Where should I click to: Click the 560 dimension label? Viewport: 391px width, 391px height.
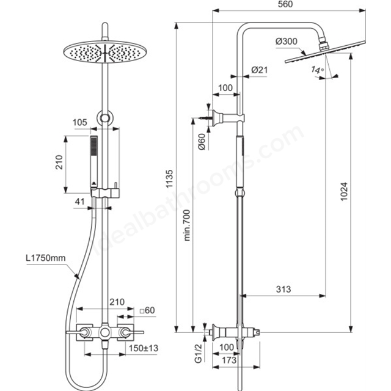tap(285, 4)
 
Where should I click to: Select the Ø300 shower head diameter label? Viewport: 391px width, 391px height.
tap(287, 41)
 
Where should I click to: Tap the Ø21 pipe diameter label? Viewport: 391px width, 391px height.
tap(259, 70)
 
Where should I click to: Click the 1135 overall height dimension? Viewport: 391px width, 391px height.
tap(170, 179)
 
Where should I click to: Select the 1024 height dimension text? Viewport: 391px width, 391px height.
tap(343, 191)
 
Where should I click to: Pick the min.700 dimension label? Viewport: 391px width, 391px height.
tap(187, 225)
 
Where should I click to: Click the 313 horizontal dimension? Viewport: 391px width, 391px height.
tap(283, 289)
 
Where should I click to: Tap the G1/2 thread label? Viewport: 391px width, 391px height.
tap(198, 353)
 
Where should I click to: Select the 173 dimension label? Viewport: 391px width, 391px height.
tap(228, 360)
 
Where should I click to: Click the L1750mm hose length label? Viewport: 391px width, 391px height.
tap(46, 258)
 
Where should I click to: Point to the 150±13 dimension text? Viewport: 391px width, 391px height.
tap(144, 348)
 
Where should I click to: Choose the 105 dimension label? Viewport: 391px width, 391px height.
tap(80, 122)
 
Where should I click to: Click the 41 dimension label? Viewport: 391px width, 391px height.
tap(80, 202)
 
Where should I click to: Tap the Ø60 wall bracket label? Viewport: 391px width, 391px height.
tap(202, 142)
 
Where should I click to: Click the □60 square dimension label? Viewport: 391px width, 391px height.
tap(147, 310)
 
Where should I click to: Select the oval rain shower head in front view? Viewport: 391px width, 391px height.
tap(105, 52)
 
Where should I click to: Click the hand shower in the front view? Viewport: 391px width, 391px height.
tap(94, 162)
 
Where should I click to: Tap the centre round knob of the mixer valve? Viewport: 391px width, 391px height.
tap(104, 332)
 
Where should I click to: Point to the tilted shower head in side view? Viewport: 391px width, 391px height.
tap(325, 51)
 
